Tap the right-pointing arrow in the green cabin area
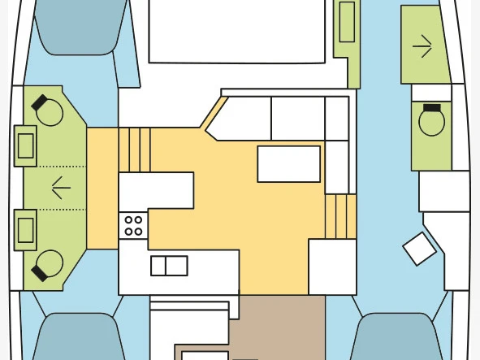point(422,46)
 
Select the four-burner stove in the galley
point(133,225)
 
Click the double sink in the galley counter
point(169,266)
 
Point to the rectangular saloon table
point(288,163)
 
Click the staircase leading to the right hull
point(340,216)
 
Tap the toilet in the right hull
point(431,122)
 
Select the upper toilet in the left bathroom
point(49,111)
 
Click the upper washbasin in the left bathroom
point(25,146)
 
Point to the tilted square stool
point(420,249)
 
